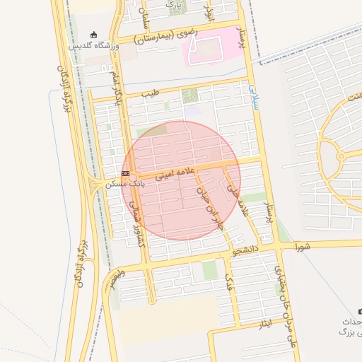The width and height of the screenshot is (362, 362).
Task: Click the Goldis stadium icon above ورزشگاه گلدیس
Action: pyautogui.click(x=95, y=35)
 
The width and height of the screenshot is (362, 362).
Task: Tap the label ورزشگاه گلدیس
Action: pyautogui.click(x=94, y=46)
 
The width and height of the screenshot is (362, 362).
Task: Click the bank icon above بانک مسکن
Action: pyautogui.click(x=125, y=173)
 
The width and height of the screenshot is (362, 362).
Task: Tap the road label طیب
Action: pyautogui.click(x=151, y=93)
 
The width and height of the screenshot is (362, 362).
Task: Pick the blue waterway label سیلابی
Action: pyautogui.click(x=252, y=96)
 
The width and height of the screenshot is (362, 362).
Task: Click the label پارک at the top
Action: pyautogui.click(x=173, y=6)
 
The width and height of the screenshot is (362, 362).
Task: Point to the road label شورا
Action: pyautogui.click(x=303, y=247)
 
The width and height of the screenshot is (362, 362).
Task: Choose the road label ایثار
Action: pyautogui.click(x=263, y=323)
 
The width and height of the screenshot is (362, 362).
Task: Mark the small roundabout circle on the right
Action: pyautogui.click(x=340, y=155)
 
